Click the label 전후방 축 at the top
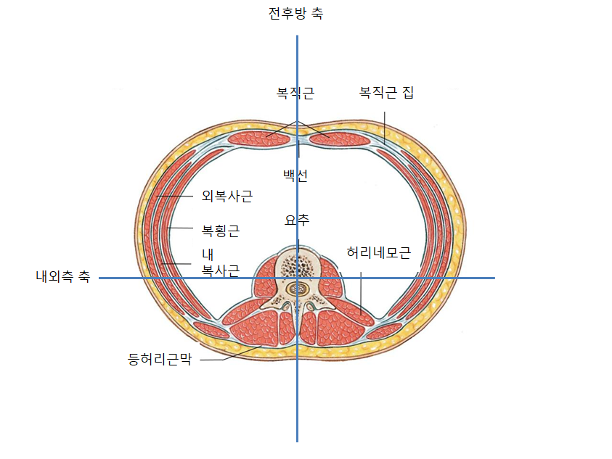(x=295, y=14)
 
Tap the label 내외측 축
(x=62, y=276)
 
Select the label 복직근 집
(x=386, y=93)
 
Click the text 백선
(x=295, y=176)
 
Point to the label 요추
(x=296, y=218)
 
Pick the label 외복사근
(x=227, y=196)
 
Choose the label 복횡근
(x=220, y=231)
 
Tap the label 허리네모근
(x=379, y=253)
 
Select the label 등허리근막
(x=159, y=359)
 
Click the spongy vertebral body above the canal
(x=295, y=266)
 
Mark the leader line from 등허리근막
(x=225, y=357)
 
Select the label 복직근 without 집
(x=295, y=93)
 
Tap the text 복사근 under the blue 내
(x=220, y=270)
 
